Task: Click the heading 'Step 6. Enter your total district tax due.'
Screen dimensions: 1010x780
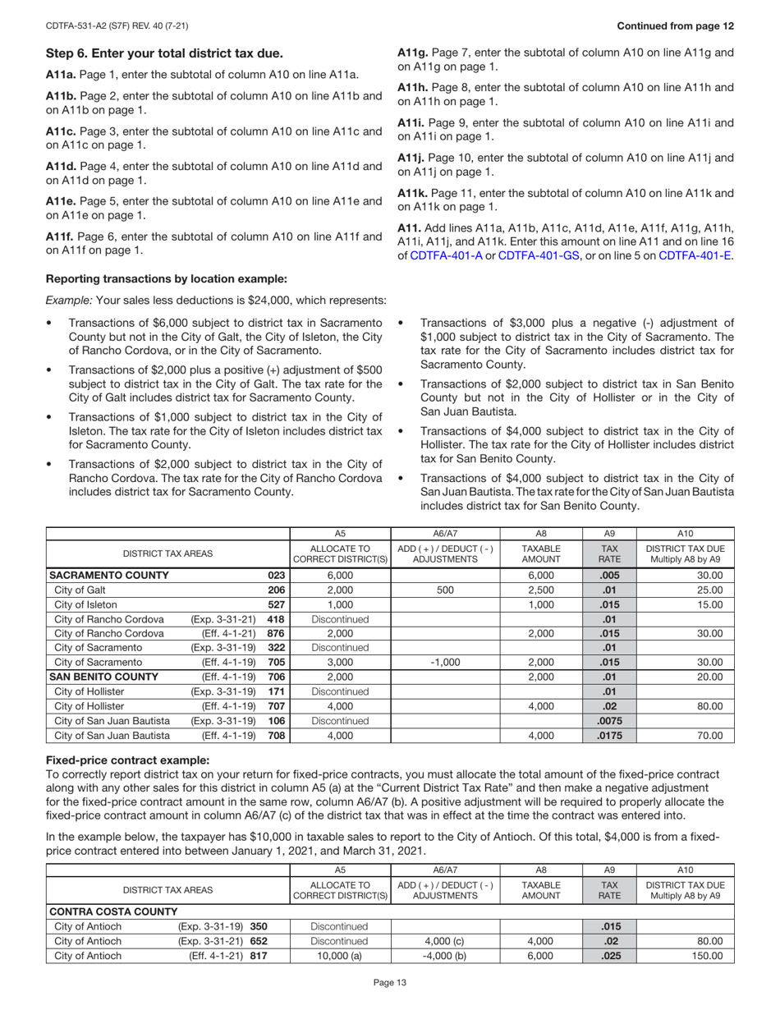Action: tap(164, 54)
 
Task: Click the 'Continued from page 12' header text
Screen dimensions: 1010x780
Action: tap(675, 25)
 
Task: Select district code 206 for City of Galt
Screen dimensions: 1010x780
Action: tap(276, 590)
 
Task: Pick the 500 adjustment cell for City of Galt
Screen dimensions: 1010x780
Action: tap(445, 590)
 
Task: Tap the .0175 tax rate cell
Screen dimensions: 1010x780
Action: tap(609, 736)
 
